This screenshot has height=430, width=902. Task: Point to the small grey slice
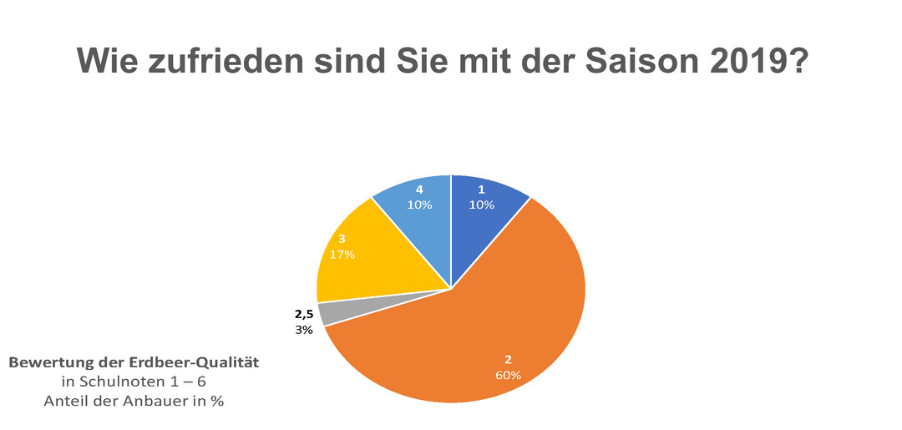point(330,311)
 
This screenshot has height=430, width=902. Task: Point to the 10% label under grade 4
point(418,205)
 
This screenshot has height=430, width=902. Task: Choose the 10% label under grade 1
point(481,205)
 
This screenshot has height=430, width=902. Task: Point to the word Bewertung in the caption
point(46,363)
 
